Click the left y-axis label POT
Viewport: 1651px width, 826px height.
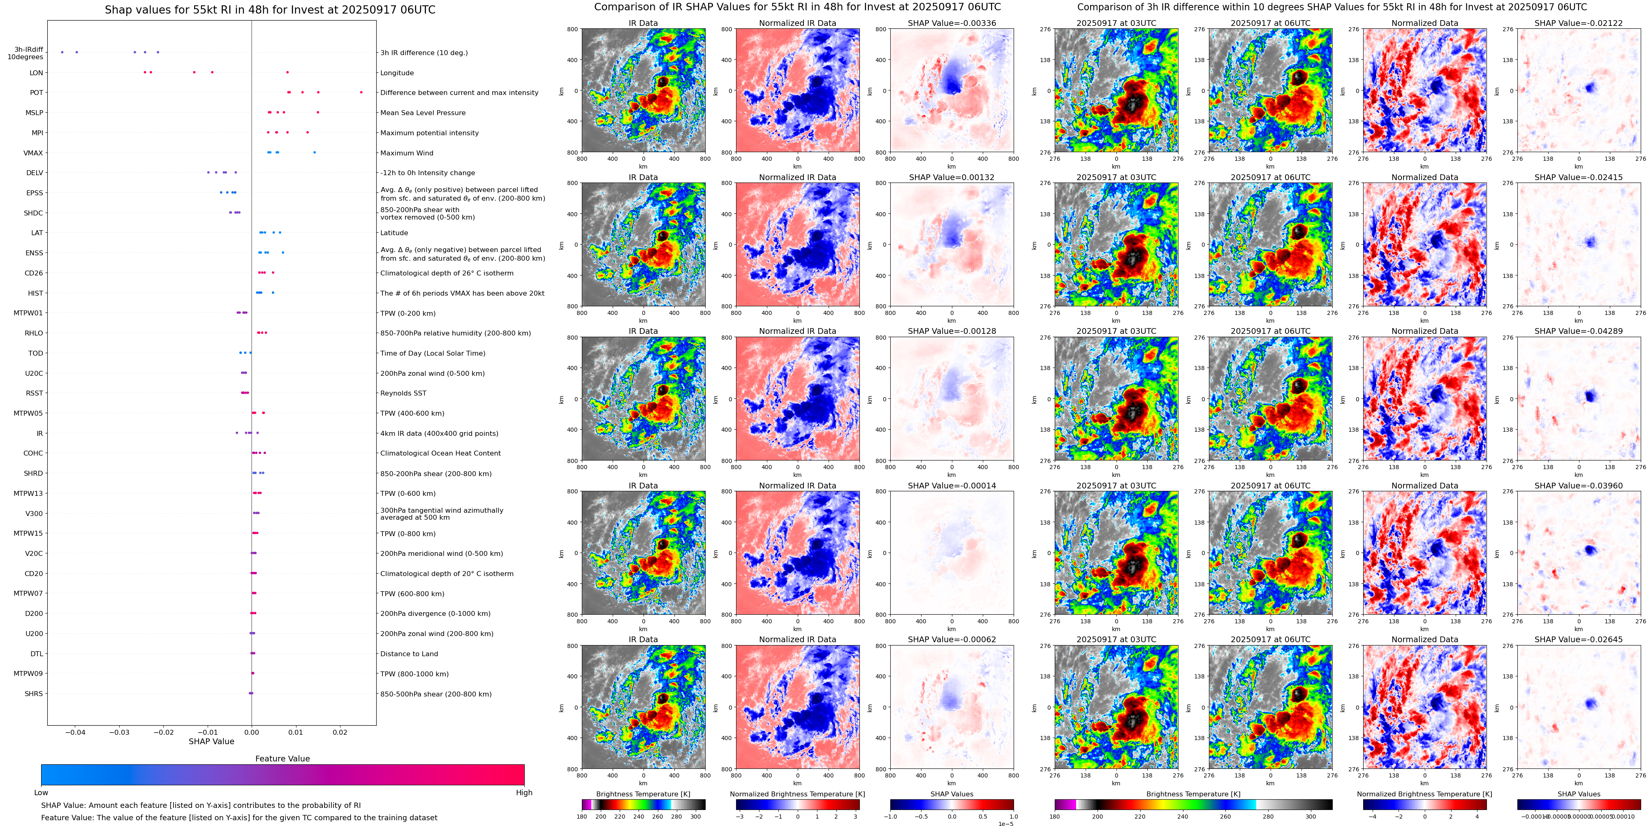click(x=37, y=93)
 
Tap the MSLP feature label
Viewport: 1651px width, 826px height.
click(x=35, y=113)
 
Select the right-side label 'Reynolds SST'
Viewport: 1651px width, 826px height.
click(x=403, y=393)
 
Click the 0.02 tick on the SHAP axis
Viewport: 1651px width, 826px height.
click(x=340, y=732)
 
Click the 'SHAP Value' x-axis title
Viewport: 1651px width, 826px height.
click(x=211, y=741)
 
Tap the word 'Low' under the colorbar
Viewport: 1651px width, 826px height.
click(x=41, y=793)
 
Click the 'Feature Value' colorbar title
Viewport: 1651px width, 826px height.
click(x=282, y=759)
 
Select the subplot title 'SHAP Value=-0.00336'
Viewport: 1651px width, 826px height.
click(x=952, y=23)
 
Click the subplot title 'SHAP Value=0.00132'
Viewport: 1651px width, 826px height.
click(x=952, y=178)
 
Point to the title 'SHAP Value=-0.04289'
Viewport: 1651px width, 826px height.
click(x=1579, y=331)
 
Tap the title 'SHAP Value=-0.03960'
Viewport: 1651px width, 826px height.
click(x=1579, y=486)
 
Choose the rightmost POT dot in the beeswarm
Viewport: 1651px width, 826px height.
click(x=361, y=92)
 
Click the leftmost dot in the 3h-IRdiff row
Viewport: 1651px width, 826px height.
click(x=62, y=52)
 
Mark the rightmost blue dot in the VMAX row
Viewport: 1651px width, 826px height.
click(x=314, y=153)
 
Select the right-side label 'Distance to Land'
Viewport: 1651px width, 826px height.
click(x=409, y=654)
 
